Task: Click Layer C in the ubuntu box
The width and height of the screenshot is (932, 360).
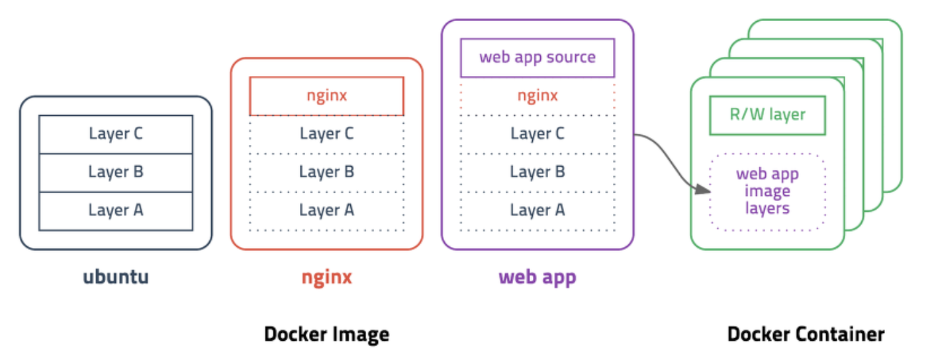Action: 116,134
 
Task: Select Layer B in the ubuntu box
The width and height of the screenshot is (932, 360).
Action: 116,172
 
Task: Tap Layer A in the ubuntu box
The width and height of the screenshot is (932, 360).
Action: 116,210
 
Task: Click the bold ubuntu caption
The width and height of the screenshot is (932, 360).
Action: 116,277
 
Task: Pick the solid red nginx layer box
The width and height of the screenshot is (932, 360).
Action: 326,96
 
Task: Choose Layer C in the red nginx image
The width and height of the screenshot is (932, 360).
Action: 326,134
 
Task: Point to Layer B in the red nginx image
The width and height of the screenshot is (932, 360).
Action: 326,172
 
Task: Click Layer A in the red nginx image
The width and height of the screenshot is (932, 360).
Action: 326,210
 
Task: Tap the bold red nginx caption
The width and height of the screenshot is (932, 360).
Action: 326,277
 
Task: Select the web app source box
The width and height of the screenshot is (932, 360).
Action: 537,58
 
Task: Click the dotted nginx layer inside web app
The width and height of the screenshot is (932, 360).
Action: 537,96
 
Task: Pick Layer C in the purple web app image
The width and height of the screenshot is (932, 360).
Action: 537,134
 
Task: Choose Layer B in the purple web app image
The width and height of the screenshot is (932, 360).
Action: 537,172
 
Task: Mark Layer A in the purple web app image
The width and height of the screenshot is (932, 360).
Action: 537,210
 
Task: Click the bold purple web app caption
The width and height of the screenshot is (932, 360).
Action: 537,277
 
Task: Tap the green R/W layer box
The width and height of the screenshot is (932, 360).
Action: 767,115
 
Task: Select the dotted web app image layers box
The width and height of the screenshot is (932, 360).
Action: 767,192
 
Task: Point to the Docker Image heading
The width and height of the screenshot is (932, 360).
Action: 326,334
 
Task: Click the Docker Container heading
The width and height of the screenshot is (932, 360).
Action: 806,334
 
